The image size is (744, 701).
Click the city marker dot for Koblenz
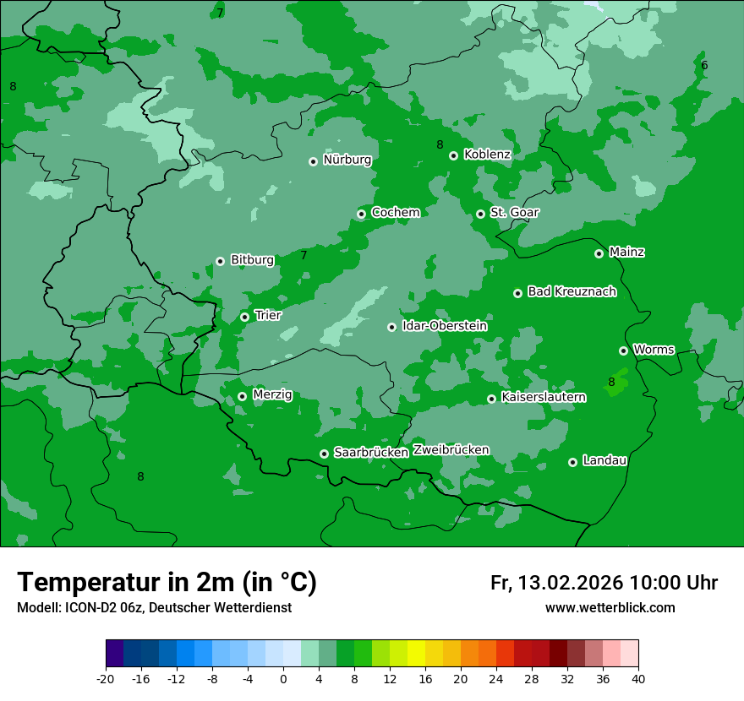click(453, 155)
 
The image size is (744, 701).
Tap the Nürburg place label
click(347, 160)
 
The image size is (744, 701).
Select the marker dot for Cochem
click(361, 214)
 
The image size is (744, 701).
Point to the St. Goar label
click(514, 212)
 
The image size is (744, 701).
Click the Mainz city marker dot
click(599, 253)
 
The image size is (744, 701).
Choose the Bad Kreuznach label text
click(572, 291)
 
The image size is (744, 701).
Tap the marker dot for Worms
click(623, 350)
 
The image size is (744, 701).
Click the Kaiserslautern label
click(543, 397)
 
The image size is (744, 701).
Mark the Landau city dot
click(572, 462)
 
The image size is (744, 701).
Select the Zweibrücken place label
click(451, 450)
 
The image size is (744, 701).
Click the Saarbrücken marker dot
click(324, 454)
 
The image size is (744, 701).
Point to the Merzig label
click(272, 394)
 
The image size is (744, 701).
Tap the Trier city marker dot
click(244, 317)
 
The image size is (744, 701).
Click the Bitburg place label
click(252, 260)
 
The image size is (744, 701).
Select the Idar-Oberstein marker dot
click(391, 327)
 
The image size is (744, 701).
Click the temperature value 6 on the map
click(704, 66)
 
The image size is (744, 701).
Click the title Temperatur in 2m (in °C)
click(167, 583)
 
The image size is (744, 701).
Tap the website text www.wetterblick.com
click(610, 607)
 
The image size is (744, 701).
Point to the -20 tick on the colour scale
click(106, 678)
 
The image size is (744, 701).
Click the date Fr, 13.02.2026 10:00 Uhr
click(604, 583)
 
